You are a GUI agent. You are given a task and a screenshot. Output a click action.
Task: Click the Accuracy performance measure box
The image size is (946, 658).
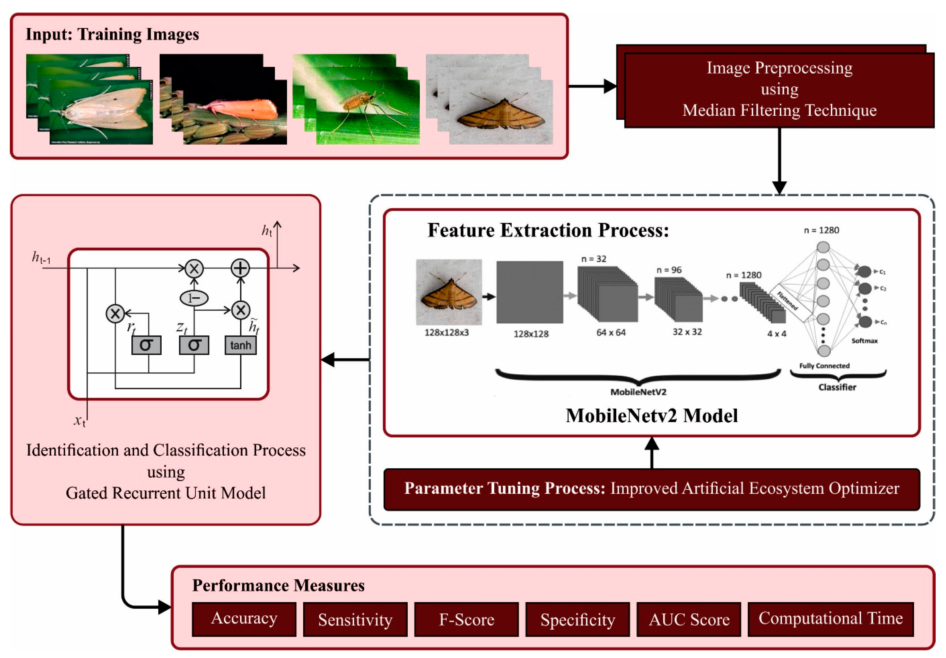tap(244, 619)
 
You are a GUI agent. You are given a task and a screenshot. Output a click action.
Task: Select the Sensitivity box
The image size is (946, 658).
tap(355, 619)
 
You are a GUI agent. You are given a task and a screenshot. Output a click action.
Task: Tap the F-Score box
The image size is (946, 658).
tap(466, 619)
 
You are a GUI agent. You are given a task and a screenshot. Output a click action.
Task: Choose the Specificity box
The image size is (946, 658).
tap(578, 619)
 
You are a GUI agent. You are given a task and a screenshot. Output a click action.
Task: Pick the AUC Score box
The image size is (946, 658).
tap(689, 619)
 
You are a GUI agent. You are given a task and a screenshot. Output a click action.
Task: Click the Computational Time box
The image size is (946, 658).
tap(830, 619)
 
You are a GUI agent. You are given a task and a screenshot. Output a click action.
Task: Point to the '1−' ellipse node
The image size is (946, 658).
tap(194, 298)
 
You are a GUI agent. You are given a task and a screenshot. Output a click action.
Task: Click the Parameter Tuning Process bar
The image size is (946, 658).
tap(651, 489)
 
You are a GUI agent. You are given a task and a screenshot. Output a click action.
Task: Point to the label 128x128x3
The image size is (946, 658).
tap(447, 332)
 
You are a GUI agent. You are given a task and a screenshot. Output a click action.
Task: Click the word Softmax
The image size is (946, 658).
tap(864, 341)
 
